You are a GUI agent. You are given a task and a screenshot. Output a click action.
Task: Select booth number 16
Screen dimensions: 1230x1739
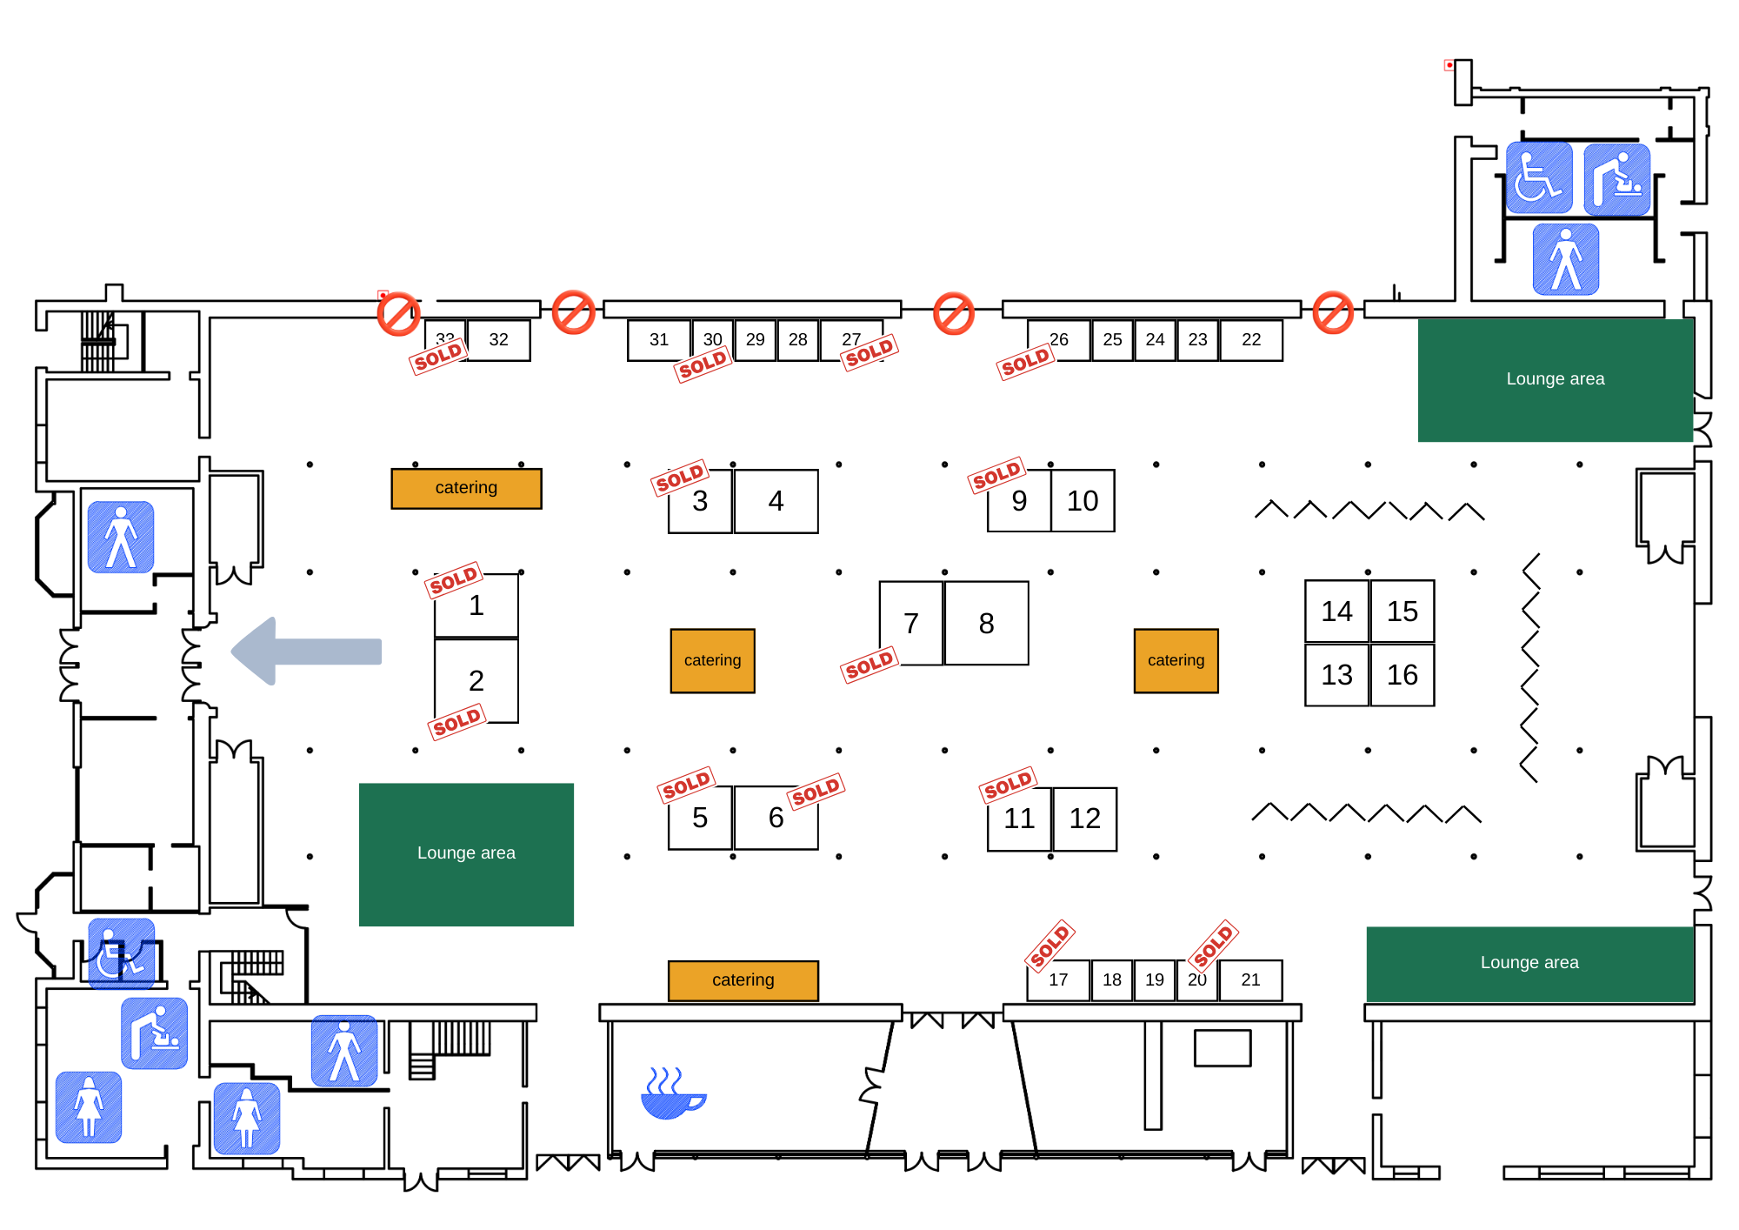click(1402, 675)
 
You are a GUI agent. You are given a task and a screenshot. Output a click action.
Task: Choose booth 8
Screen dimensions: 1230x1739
click(986, 624)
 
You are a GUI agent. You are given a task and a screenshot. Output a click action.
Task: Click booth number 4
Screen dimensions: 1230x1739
click(776, 501)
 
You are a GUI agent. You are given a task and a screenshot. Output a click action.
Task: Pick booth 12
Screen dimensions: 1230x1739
click(1084, 819)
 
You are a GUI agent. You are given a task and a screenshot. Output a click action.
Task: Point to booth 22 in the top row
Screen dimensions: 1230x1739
click(1250, 340)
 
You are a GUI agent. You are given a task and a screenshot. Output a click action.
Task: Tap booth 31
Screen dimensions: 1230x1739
click(659, 340)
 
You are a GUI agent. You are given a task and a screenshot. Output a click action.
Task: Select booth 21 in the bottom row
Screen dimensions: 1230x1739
click(1250, 980)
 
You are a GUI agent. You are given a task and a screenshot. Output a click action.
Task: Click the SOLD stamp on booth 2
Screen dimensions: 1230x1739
click(456, 722)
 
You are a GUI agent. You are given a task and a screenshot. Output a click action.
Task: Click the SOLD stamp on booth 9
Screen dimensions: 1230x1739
click(996, 475)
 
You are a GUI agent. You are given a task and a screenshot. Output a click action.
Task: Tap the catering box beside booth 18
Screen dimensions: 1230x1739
click(743, 980)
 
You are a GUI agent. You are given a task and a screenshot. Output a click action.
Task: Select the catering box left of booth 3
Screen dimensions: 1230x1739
click(466, 488)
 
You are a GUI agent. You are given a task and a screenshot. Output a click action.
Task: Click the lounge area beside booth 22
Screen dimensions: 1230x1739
click(1555, 380)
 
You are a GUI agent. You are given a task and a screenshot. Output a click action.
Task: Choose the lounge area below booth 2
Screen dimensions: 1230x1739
click(466, 854)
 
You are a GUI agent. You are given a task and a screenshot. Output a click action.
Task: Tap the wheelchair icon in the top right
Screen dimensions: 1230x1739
click(1538, 178)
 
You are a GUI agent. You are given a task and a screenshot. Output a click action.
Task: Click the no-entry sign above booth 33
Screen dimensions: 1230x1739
click(398, 313)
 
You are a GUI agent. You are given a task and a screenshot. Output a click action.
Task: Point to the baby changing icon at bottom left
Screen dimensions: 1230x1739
click(154, 1033)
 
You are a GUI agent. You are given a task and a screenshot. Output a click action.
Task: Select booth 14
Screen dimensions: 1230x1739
click(1336, 612)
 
